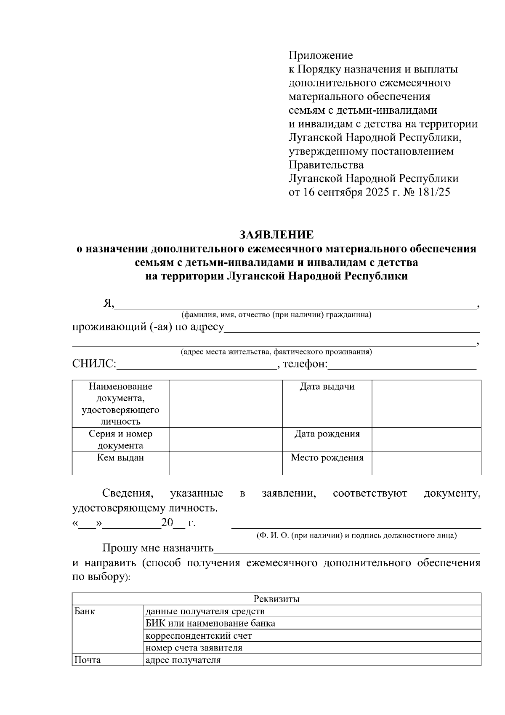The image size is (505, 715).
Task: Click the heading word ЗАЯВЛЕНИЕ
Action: click(276, 234)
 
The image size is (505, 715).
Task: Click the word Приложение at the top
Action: click(321, 55)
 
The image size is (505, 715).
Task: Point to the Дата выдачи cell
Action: click(327, 387)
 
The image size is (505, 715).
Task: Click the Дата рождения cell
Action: click(327, 434)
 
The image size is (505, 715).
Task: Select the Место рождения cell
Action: click(327, 458)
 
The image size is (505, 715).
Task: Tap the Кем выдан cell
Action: click(120, 458)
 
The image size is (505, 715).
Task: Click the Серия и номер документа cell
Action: click(120, 439)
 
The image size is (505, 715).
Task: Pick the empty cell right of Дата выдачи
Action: click(426, 403)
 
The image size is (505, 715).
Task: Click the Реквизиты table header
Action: click(276, 599)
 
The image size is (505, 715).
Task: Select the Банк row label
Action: click(85, 611)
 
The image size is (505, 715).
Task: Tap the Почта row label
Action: click(87, 660)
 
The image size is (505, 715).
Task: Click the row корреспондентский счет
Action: click(199, 635)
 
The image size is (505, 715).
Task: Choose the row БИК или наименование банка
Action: click(210, 623)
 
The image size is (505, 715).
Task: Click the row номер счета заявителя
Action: click(194, 648)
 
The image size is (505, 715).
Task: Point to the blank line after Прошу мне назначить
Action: click(347, 549)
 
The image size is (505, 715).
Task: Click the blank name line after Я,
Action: click(295, 305)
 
